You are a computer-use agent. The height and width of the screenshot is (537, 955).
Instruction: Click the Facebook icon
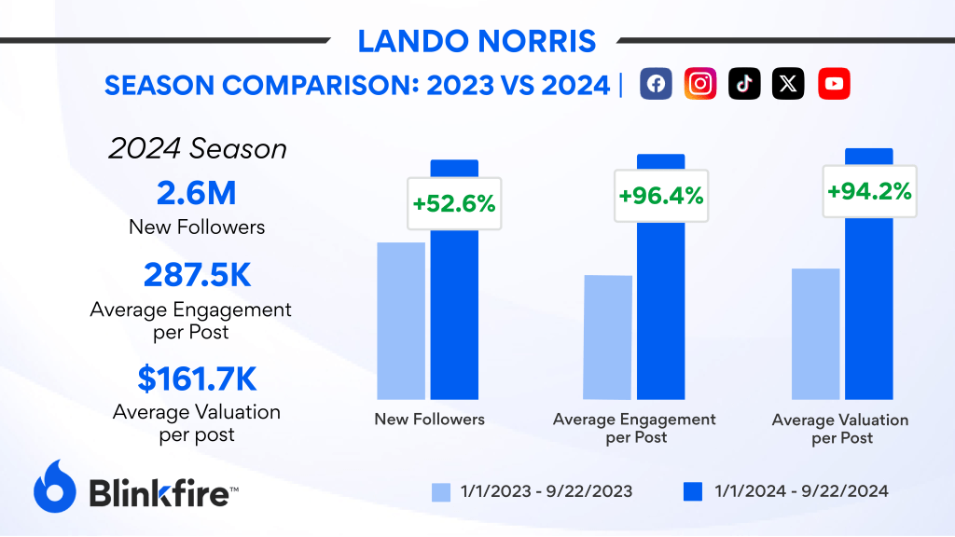[656, 84]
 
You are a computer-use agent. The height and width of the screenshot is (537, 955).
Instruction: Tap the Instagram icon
[700, 84]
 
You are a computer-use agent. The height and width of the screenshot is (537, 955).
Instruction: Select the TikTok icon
[744, 84]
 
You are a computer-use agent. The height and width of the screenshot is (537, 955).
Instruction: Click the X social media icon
[789, 84]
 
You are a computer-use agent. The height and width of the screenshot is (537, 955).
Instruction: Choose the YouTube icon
[834, 84]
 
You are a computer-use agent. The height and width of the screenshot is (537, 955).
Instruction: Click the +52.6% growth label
[453, 203]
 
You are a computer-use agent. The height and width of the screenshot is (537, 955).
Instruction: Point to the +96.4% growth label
[660, 197]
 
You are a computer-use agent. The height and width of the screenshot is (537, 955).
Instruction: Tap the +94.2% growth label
[868, 191]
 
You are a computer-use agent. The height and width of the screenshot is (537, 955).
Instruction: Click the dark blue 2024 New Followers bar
[454, 317]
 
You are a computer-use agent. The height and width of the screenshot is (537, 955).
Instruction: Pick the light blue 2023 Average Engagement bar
[608, 337]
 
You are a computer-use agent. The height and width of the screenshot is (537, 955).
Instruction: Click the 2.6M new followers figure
[197, 194]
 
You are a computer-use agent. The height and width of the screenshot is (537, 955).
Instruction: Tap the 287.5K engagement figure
[197, 276]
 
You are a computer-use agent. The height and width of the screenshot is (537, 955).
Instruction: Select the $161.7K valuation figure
[197, 379]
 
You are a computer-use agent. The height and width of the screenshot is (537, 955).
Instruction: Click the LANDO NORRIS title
[477, 42]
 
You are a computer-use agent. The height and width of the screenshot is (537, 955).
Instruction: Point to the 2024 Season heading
[197, 148]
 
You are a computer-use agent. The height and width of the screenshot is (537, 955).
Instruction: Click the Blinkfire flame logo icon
[54, 487]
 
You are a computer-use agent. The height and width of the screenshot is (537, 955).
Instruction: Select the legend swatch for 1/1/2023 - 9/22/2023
[442, 491]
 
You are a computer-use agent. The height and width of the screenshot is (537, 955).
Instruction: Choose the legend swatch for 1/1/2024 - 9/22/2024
[694, 491]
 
